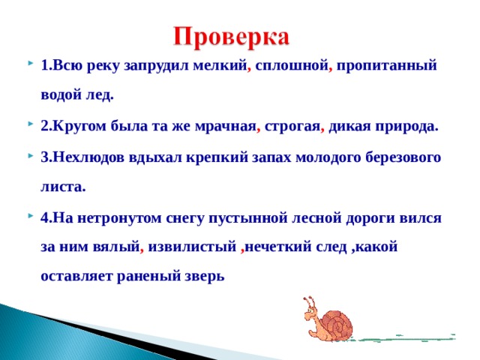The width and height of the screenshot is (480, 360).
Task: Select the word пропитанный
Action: click(x=387, y=65)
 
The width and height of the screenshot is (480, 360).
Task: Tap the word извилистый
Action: click(x=192, y=247)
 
